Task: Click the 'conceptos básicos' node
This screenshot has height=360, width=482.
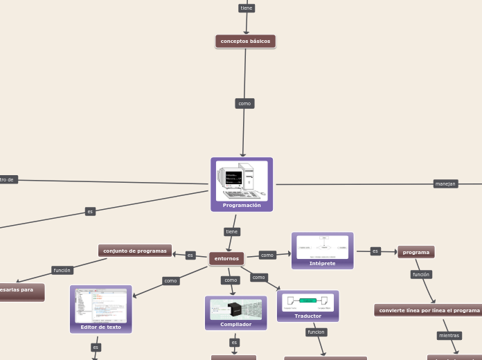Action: pyautogui.click(x=245, y=42)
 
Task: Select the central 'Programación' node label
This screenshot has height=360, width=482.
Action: pyautogui.click(x=242, y=206)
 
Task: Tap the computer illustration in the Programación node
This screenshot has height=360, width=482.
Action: pyautogui.click(x=242, y=181)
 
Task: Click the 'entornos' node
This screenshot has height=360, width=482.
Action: pyautogui.click(x=226, y=259)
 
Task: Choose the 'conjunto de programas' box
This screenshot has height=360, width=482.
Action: pyautogui.click(x=135, y=251)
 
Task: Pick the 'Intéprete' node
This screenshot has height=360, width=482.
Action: pyautogui.click(x=322, y=263)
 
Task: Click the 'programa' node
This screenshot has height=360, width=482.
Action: pyautogui.click(x=416, y=252)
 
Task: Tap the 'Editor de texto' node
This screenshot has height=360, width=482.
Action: pyautogui.click(x=100, y=327)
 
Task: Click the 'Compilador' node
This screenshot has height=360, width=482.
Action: pyautogui.click(x=235, y=324)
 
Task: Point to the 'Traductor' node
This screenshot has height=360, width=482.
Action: pyautogui.click(x=307, y=316)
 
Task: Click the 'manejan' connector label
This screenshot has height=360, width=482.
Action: pyautogui.click(x=445, y=183)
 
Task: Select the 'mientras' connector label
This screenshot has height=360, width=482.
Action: pyautogui.click(x=449, y=336)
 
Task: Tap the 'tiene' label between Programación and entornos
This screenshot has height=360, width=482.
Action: pyautogui.click(x=232, y=231)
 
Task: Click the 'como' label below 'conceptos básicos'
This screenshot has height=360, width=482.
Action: pyautogui.click(x=244, y=103)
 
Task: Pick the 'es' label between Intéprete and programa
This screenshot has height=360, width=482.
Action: pyautogui.click(x=375, y=251)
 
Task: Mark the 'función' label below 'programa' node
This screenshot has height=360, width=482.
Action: pyautogui.click(x=421, y=274)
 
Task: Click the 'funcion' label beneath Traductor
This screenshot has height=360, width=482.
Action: pyautogui.click(x=316, y=332)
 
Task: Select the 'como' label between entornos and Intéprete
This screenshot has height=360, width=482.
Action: pyautogui.click(x=267, y=255)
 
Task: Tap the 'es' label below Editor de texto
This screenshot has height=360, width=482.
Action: pyautogui.click(x=96, y=347)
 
